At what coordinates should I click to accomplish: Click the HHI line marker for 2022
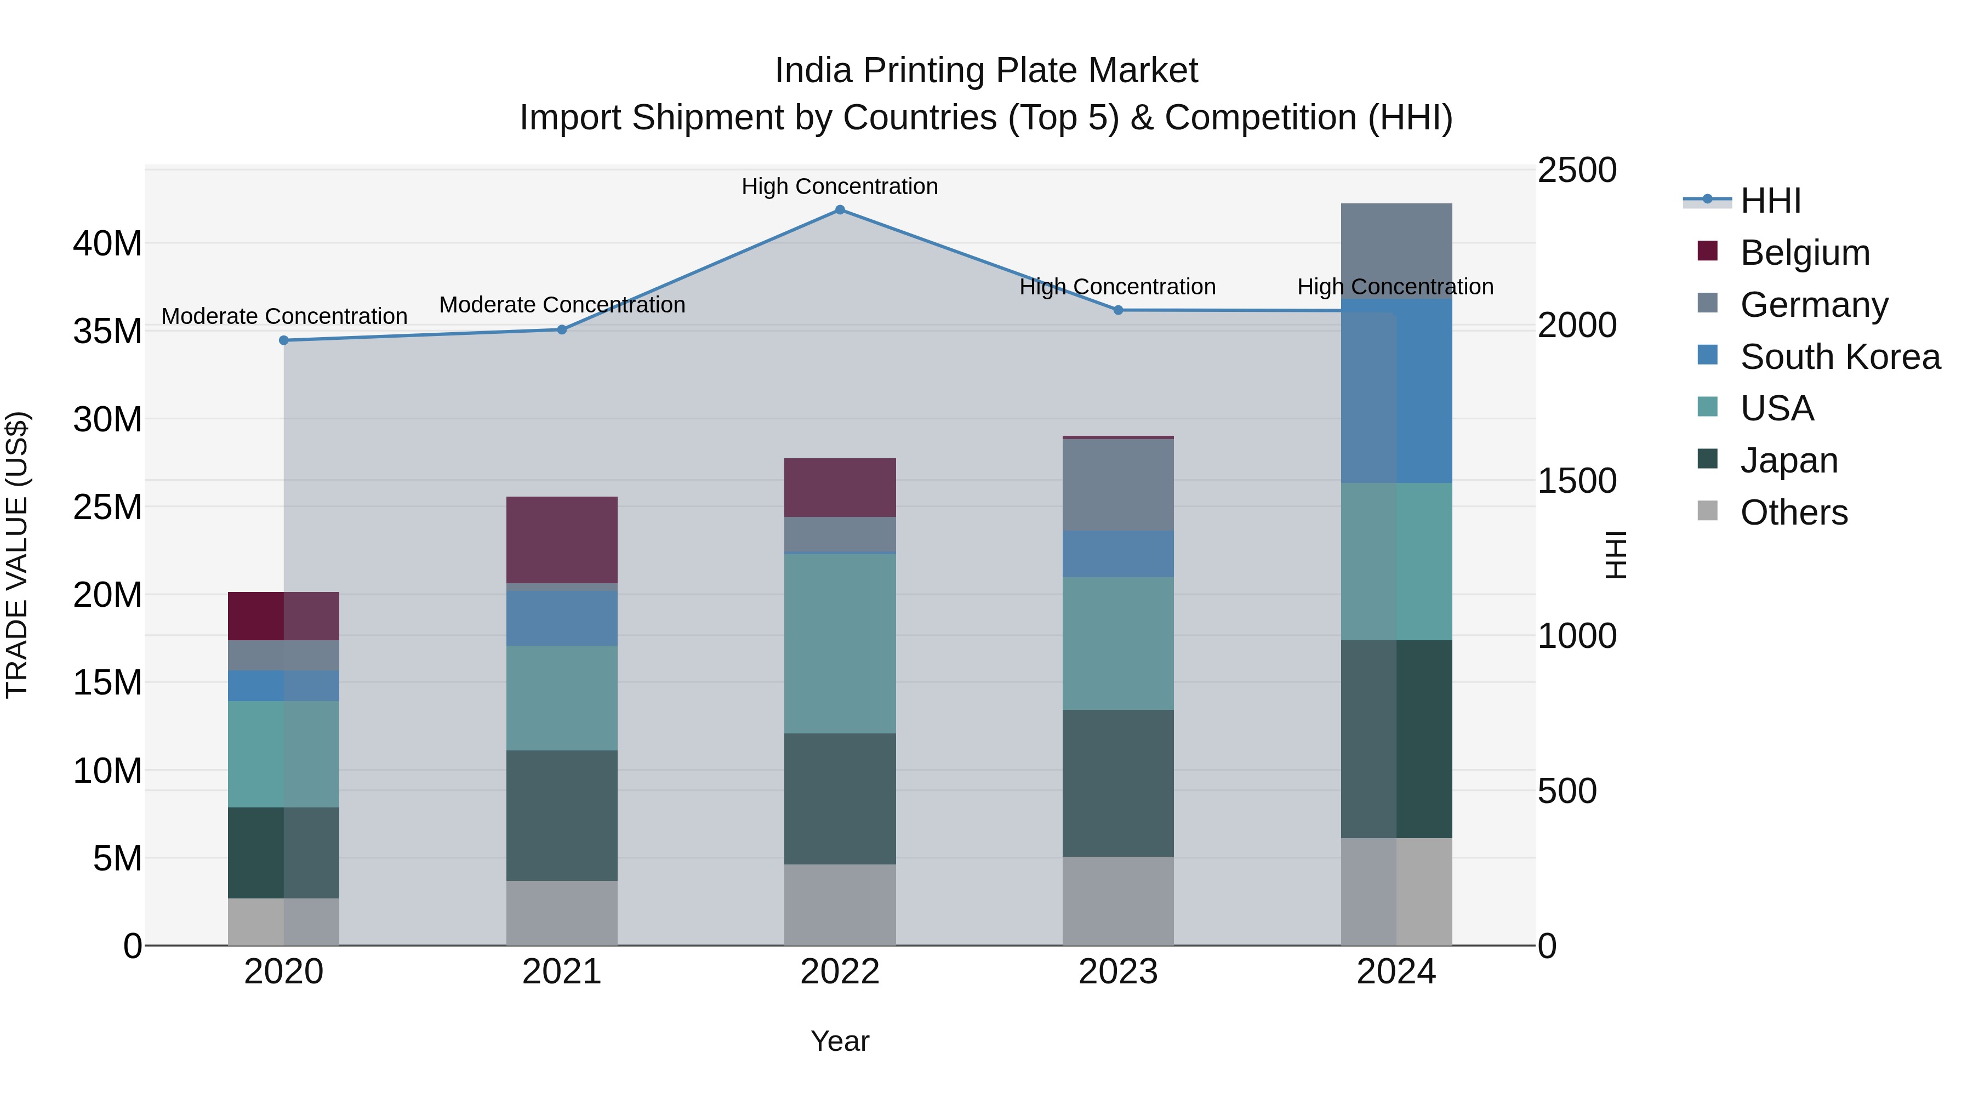840,210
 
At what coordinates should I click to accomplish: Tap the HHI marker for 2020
284,340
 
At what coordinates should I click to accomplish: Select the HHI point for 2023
1117,310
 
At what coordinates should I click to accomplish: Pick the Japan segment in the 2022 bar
840,799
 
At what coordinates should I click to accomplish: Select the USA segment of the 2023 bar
1117,644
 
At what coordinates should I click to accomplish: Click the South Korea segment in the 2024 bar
1396,391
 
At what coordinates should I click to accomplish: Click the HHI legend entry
1769,201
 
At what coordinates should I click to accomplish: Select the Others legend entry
1793,513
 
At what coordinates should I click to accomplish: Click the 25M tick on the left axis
107,507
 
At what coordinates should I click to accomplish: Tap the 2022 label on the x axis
840,972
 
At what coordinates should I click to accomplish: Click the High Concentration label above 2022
840,186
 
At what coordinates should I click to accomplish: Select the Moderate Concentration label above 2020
284,316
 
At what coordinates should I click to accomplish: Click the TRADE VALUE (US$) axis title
17,555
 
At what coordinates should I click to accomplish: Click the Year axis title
840,1041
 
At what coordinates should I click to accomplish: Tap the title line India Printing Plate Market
986,71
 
